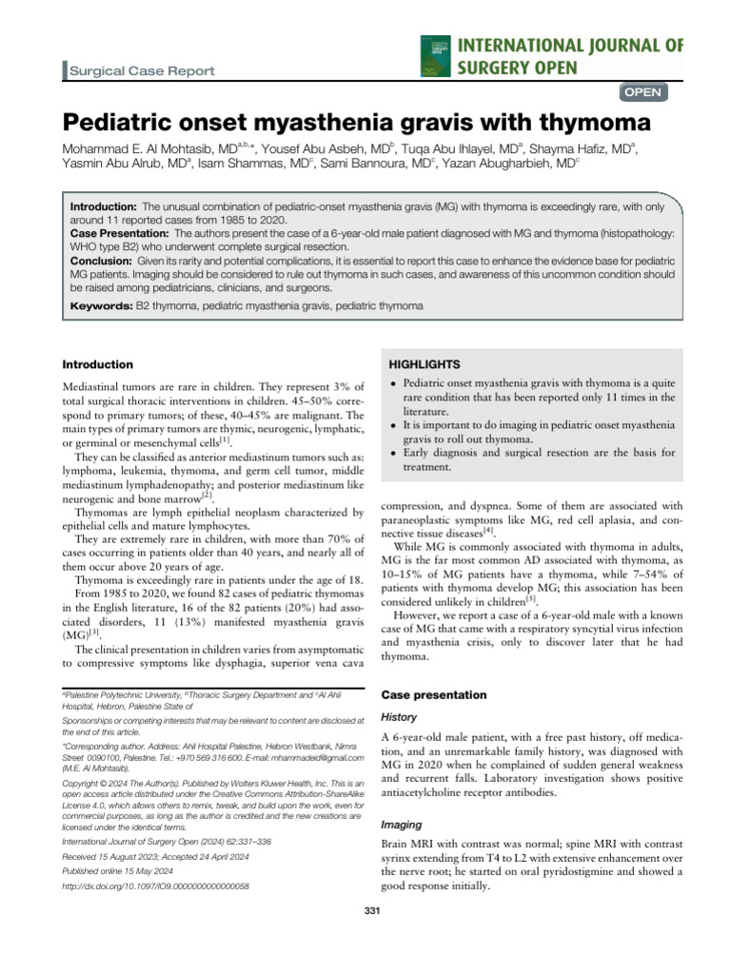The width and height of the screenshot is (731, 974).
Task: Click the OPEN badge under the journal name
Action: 643,92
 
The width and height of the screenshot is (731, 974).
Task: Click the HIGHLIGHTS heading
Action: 423,364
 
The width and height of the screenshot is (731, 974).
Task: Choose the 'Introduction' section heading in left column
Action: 97,364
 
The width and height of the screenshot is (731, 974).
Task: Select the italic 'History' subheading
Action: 399,716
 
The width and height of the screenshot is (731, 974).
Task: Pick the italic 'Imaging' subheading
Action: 402,825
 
